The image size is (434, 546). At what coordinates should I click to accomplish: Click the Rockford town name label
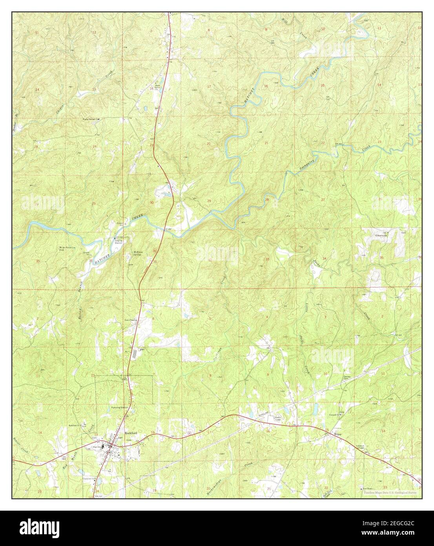(129, 433)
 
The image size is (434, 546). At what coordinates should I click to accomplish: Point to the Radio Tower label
(278, 419)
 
